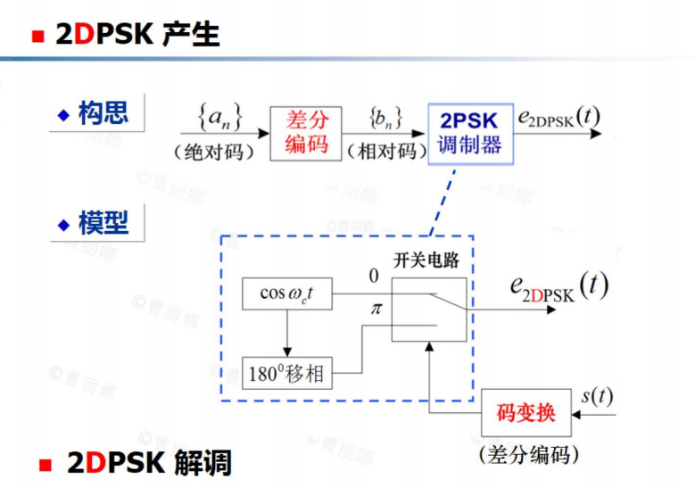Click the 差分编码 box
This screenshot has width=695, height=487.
(306, 133)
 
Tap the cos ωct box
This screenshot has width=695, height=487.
(286, 293)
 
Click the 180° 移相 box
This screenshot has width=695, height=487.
(286, 372)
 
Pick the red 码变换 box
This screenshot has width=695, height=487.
(527, 412)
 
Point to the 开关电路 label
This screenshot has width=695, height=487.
(427, 260)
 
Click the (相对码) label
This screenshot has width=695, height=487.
(383, 151)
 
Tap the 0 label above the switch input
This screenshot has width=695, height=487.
(375, 277)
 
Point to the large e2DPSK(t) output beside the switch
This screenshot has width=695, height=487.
(558, 287)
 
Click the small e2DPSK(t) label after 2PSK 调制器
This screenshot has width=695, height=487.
(558, 117)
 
